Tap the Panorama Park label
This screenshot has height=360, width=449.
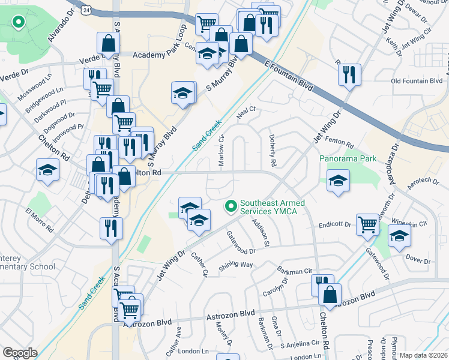click(348, 159)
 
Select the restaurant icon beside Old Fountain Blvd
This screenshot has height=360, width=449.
click(349, 75)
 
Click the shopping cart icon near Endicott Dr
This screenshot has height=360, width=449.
click(367, 225)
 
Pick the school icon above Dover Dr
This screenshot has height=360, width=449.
click(400, 236)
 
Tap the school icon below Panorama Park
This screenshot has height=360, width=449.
click(339, 181)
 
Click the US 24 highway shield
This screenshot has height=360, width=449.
click(88, 10)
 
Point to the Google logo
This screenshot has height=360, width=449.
click(20, 353)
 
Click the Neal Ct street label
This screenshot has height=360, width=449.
click(246, 109)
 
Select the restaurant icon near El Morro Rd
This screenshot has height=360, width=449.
click(112, 228)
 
